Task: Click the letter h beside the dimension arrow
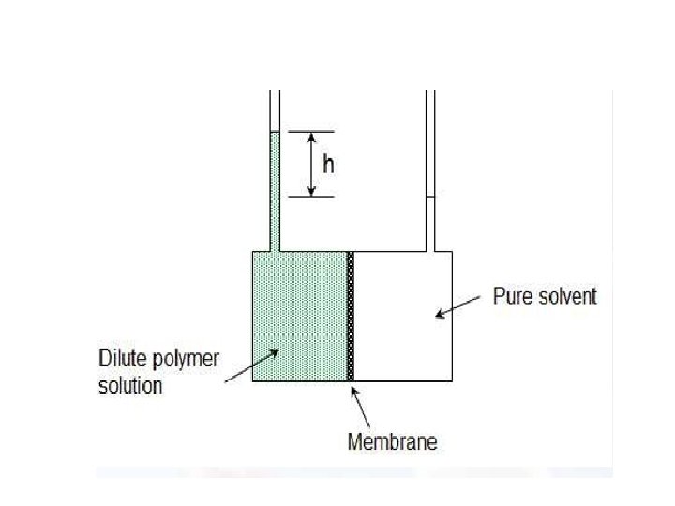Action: [x=328, y=164]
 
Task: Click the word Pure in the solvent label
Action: [x=512, y=297]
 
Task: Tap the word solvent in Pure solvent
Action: [x=565, y=297]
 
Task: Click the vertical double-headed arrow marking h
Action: [x=312, y=164]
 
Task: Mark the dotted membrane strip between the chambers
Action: [x=352, y=317]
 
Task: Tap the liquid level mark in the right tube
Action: [x=431, y=196]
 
